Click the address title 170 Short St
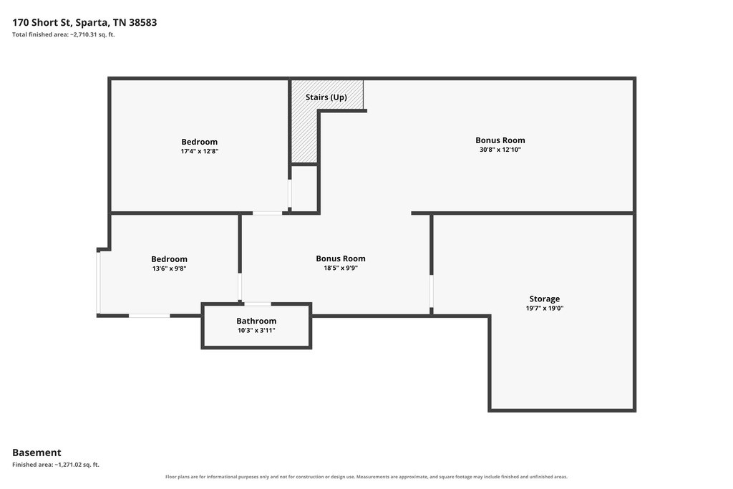(84, 22)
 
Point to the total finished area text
(64, 34)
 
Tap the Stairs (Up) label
(326, 97)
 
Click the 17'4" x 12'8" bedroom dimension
(200, 152)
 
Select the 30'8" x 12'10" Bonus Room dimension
(500, 150)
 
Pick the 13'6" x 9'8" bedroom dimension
(169, 268)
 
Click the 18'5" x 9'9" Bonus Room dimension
(341, 268)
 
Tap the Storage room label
(545, 299)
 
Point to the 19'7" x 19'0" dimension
(545, 308)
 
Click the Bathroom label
(256, 321)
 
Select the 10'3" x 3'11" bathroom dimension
(256, 331)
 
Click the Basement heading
(37, 452)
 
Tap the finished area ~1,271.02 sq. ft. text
(56, 465)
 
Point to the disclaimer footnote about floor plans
(366, 477)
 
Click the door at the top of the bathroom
(258, 304)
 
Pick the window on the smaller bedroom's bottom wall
(149, 316)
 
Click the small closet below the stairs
(304, 188)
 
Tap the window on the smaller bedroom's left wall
(98, 283)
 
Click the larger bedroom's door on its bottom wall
(268, 213)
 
